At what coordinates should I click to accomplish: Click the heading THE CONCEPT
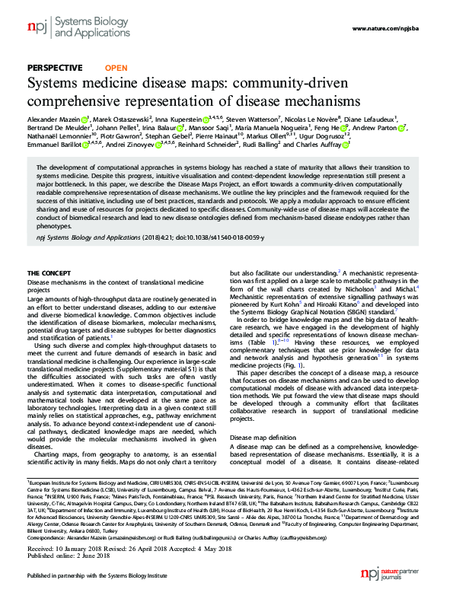pyautogui.click(x=50, y=272)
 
